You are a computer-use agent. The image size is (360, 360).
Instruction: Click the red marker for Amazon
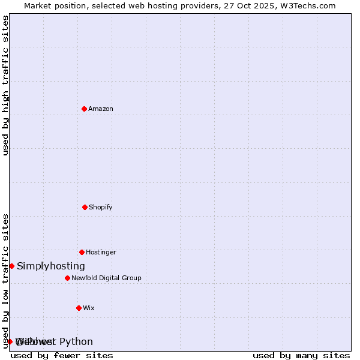pyautogui.click(x=84, y=109)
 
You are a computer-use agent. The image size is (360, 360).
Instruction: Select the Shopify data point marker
pyautogui.click(x=85, y=207)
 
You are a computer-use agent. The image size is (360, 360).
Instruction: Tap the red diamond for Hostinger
pyautogui.click(x=82, y=252)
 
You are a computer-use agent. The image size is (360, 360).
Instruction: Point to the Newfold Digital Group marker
pyautogui.click(x=67, y=278)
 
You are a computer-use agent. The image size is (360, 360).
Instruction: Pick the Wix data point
pyautogui.click(x=79, y=308)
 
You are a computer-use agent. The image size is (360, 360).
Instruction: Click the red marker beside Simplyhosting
pyautogui.click(x=11, y=266)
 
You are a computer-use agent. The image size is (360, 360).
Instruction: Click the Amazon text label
pyautogui.click(x=101, y=109)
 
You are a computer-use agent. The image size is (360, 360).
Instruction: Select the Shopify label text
pyautogui.click(x=101, y=208)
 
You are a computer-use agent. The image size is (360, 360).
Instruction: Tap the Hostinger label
pyautogui.click(x=101, y=253)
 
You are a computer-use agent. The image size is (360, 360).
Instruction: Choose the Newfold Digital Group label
pyautogui.click(x=106, y=278)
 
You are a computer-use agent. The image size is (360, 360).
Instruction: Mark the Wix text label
pyautogui.click(x=89, y=308)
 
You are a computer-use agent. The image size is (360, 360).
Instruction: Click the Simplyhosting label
pyautogui.click(x=51, y=266)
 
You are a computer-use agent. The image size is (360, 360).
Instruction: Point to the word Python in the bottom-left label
pyautogui.click(x=76, y=342)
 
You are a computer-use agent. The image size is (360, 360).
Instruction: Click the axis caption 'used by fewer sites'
pyautogui.click(x=62, y=356)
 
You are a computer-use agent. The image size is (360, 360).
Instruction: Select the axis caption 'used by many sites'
pyautogui.click(x=301, y=356)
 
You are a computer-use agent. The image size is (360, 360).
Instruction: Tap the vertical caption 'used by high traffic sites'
pyautogui.click(x=6, y=86)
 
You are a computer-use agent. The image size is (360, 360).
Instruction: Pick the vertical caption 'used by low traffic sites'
pyautogui.click(x=6, y=281)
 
